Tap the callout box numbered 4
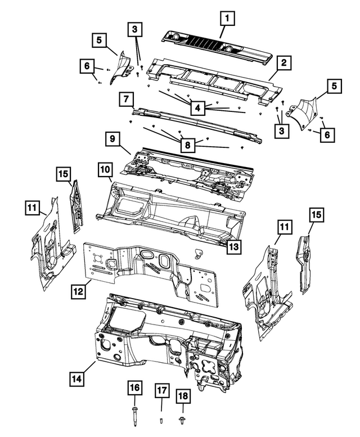197,106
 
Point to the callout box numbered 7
124,100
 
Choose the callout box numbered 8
188,145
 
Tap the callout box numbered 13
234,246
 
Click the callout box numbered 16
136,388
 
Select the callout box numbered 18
183,397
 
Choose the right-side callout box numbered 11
285,228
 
